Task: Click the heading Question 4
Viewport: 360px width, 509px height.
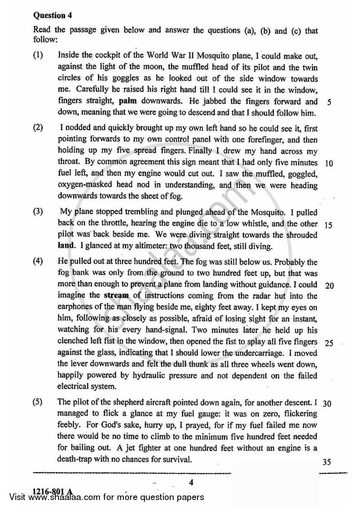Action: click(53, 15)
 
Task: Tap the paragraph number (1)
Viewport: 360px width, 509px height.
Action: click(39, 56)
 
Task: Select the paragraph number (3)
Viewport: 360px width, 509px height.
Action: click(39, 212)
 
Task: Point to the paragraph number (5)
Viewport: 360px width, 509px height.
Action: click(39, 402)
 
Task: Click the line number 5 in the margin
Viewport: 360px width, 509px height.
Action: click(330, 102)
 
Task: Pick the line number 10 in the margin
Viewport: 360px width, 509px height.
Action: click(328, 163)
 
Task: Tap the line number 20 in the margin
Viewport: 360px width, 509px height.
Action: click(328, 286)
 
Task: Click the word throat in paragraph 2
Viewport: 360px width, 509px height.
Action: click(68, 163)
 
